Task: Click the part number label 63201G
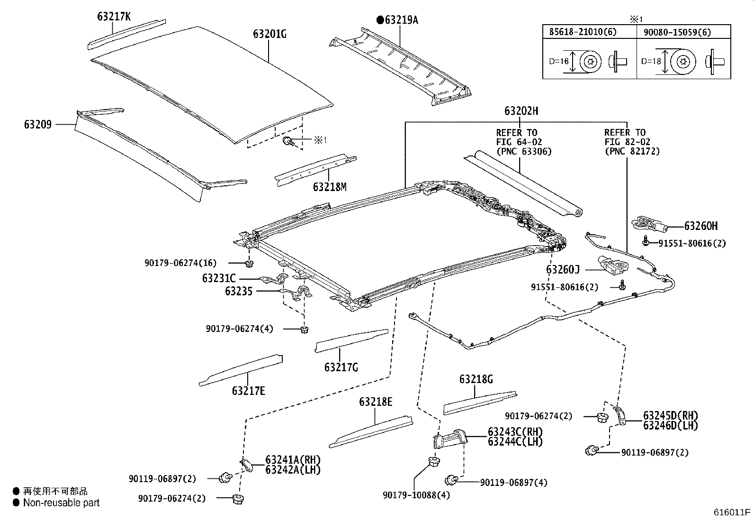pyautogui.click(x=269, y=34)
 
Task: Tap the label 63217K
pyautogui.click(x=114, y=17)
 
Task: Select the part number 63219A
pyautogui.click(x=401, y=20)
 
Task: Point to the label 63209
pyautogui.click(x=38, y=125)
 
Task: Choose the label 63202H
pyautogui.click(x=521, y=111)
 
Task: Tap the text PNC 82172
pyautogui.click(x=632, y=151)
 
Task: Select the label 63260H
pyautogui.click(x=700, y=227)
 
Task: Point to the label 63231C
pyautogui.click(x=219, y=279)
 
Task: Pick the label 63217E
pyautogui.click(x=249, y=391)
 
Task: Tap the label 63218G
pyautogui.click(x=476, y=379)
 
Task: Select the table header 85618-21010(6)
pyautogui.click(x=583, y=32)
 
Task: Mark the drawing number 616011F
pyautogui.click(x=733, y=512)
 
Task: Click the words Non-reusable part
pyautogui.click(x=62, y=503)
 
